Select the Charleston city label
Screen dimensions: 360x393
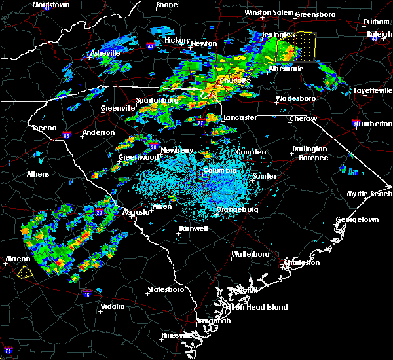[x=302, y=262]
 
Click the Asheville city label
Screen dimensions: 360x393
[x=105, y=53]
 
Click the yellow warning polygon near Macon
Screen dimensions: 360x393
[x=24, y=272]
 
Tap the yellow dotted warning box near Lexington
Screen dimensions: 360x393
[x=296, y=47]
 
